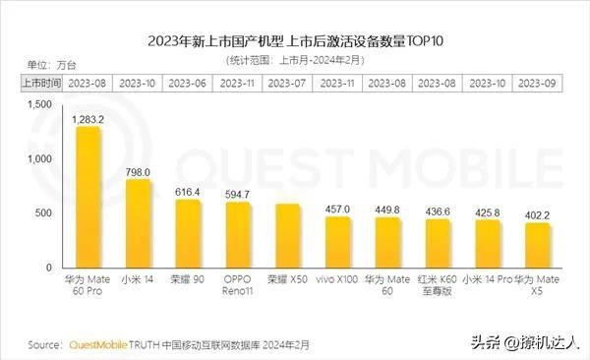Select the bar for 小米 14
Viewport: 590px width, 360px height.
[138, 223]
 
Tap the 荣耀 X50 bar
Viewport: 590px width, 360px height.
[287, 235]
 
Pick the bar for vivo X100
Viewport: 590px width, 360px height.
[337, 242]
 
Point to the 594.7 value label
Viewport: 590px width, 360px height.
[238, 195]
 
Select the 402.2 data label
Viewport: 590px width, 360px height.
[537, 215]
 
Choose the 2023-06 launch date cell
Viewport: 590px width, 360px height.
[188, 83]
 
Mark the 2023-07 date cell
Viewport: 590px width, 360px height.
[287, 83]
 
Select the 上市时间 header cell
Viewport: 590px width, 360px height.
[41, 83]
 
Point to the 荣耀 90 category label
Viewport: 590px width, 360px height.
[188, 279]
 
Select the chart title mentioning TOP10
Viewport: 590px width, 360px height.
[295, 40]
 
